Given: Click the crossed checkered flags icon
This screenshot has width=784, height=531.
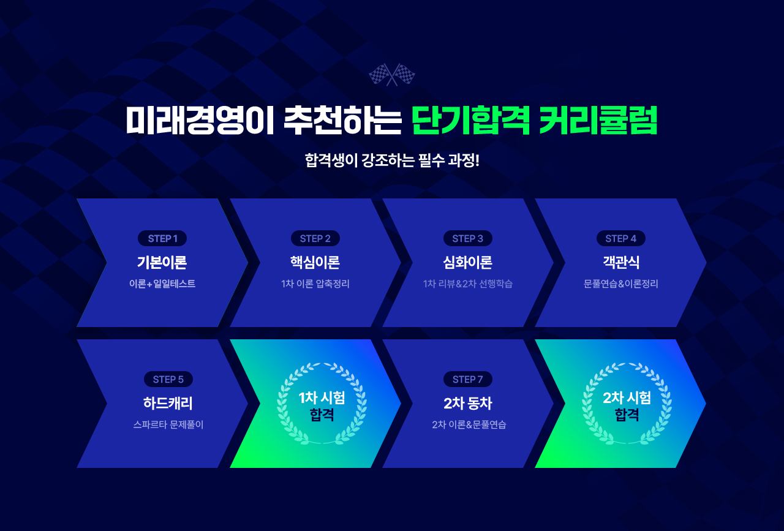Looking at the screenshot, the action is point(391,75).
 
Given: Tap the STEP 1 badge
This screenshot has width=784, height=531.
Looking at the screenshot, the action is point(162,238).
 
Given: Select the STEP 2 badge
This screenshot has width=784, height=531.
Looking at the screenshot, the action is point(315,238).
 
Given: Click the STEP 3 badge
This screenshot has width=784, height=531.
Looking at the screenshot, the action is point(468,238).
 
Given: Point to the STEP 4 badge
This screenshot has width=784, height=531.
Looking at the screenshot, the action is point(621,238).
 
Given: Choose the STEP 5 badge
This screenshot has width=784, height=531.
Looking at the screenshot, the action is point(168,379).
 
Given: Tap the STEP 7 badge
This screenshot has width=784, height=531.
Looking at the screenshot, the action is point(468,379).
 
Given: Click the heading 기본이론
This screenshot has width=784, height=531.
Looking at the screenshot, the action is point(162,262).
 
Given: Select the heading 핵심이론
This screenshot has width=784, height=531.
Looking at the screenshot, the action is point(315,262).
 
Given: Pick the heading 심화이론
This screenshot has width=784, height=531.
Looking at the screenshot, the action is point(467,262).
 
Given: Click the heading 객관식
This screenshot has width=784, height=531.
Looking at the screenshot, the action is point(621,262).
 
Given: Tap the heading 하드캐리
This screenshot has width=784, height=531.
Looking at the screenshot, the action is point(168,403).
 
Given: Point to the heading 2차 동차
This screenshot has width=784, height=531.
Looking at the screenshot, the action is point(468,403).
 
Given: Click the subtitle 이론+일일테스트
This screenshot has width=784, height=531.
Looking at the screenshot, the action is point(162,284).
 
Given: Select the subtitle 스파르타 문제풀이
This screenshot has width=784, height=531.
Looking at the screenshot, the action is point(168,424).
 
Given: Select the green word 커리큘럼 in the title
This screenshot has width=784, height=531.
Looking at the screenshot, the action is point(598,120).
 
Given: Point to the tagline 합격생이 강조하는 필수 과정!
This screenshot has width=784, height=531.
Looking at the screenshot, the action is point(392,160).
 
